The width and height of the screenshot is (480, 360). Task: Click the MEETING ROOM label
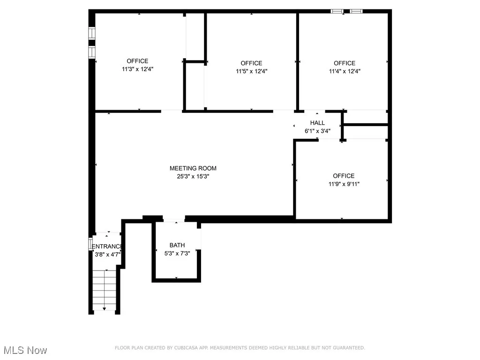pyautogui.click(x=193, y=168)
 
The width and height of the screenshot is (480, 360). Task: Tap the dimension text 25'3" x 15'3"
pyautogui.click(x=193, y=177)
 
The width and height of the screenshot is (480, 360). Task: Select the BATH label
pyautogui.click(x=177, y=245)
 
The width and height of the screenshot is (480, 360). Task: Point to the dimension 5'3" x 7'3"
pyautogui.click(x=177, y=254)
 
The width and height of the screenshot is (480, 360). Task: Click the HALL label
pyautogui.click(x=317, y=123)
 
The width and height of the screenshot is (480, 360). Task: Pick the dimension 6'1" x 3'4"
pyautogui.click(x=317, y=131)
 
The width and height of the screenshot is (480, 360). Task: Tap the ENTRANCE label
pyautogui.click(x=107, y=247)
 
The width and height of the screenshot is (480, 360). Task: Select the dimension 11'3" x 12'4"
pyautogui.click(x=137, y=69)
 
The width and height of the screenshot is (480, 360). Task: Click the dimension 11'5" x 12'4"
pyautogui.click(x=251, y=71)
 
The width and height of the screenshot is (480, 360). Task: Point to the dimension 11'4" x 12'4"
pyautogui.click(x=345, y=71)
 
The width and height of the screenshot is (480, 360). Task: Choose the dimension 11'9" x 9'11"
pyautogui.click(x=344, y=184)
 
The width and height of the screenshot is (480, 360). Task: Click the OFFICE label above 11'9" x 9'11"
pyautogui.click(x=344, y=176)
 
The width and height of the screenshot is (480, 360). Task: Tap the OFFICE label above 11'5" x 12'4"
pyautogui.click(x=251, y=63)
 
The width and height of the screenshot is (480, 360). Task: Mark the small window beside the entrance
pyautogui.click(x=90, y=244)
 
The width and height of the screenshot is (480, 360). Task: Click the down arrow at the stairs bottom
pyautogui.click(x=104, y=308)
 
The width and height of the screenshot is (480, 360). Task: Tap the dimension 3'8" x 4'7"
pyautogui.click(x=107, y=255)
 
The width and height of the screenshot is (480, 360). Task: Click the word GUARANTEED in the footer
pyautogui.click(x=348, y=348)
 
